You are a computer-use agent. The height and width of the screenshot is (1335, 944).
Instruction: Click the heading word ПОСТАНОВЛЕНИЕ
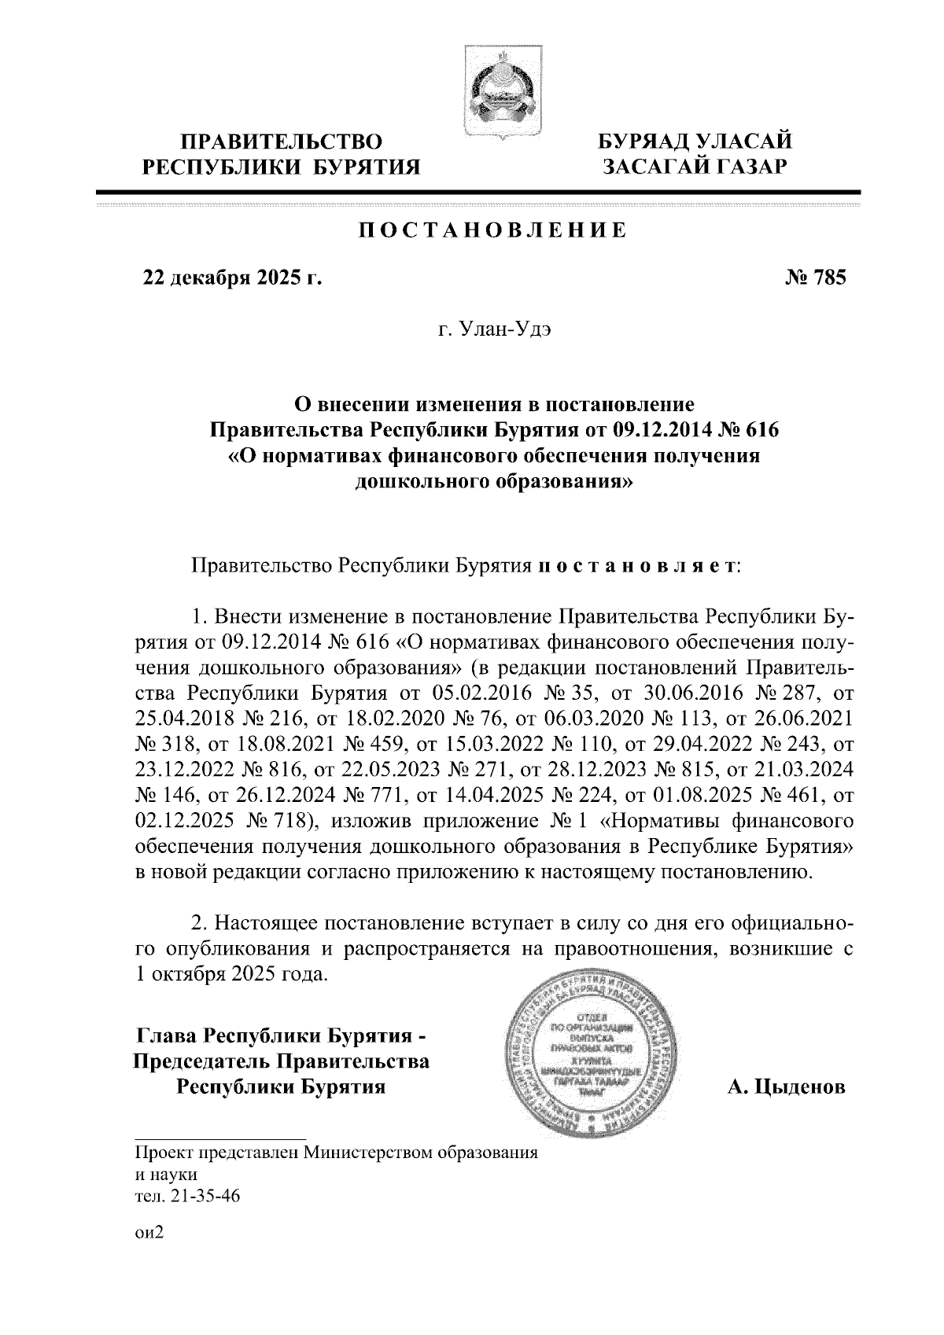click(x=493, y=230)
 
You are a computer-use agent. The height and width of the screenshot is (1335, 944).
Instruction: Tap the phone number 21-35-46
click(x=200, y=1198)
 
